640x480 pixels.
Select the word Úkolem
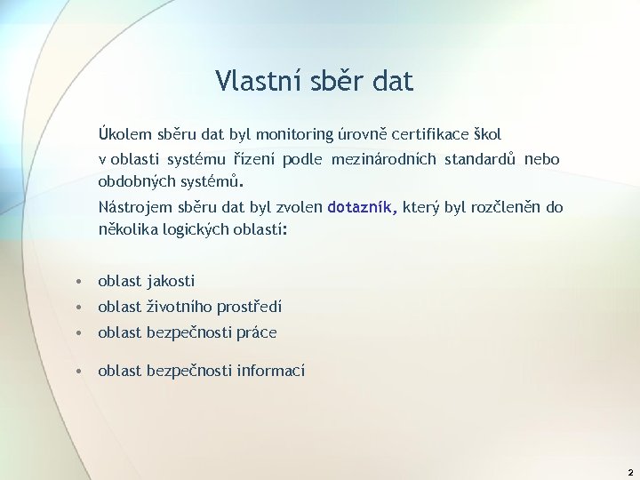[124, 135]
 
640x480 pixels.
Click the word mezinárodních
[383, 160]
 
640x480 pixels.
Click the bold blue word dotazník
[363, 208]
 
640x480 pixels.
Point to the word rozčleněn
[504, 208]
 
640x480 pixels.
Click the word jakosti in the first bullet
[171, 281]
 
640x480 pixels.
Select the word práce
[257, 332]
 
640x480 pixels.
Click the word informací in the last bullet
[271, 371]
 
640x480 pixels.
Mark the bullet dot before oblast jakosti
[80, 282]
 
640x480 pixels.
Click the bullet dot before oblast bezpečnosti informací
[80, 371]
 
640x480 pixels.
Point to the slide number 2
[629, 473]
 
